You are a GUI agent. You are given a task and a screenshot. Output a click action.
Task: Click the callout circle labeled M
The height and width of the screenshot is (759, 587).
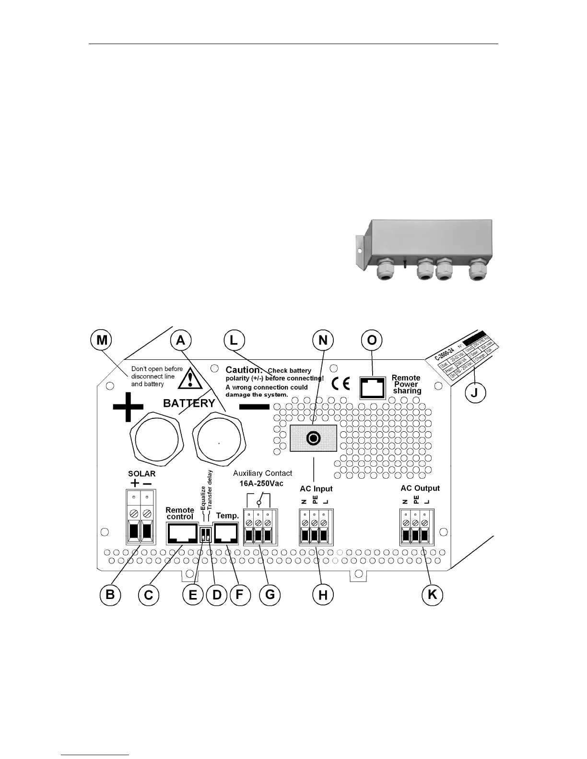pyautogui.click(x=102, y=340)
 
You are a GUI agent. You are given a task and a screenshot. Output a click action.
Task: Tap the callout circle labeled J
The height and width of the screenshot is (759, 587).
pyautogui.click(x=475, y=392)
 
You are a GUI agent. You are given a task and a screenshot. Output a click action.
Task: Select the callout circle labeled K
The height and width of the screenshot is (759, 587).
pyautogui.click(x=432, y=595)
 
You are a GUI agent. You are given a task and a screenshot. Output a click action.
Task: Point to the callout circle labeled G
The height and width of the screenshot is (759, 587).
pyautogui.click(x=270, y=595)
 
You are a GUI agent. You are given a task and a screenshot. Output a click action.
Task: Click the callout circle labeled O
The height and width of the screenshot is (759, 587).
pyautogui.click(x=372, y=340)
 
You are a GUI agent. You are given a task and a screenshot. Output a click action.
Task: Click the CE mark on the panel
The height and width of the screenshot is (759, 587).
pyautogui.click(x=340, y=384)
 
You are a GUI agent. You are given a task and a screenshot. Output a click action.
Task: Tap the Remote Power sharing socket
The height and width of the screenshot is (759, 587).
pyautogui.click(x=373, y=387)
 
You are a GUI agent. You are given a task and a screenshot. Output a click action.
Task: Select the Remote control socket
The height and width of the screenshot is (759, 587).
pyautogui.click(x=182, y=533)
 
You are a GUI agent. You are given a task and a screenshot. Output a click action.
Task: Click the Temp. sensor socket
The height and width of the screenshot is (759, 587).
pyautogui.click(x=228, y=533)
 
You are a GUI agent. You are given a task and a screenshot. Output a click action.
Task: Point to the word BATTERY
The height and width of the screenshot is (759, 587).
pyautogui.click(x=189, y=403)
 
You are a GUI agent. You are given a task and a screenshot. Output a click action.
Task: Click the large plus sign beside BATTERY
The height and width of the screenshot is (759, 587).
pyautogui.click(x=128, y=407)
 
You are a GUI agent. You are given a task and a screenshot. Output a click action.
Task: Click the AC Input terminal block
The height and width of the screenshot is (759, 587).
pyautogui.click(x=315, y=527)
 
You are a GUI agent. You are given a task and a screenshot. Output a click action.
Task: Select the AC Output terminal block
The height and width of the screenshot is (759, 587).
pyautogui.click(x=416, y=527)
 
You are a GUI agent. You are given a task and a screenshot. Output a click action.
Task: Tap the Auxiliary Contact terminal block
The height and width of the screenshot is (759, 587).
pyautogui.click(x=259, y=527)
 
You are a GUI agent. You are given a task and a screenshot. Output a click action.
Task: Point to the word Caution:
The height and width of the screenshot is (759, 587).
pyautogui.click(x=244, y=370)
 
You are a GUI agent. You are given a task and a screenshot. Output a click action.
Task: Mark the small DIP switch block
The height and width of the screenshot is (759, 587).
pyautogui.click(x=205, y=535)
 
